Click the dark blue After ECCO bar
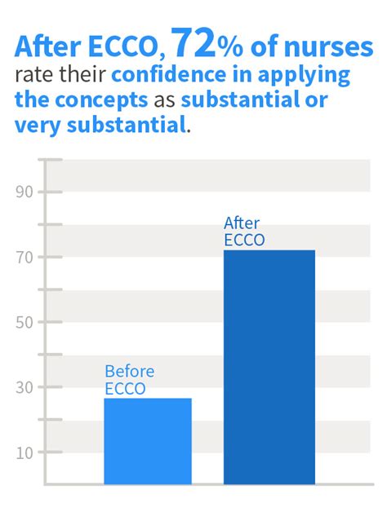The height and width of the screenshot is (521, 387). [x=269, y=367]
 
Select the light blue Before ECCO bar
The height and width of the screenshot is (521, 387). [x=148, y=441]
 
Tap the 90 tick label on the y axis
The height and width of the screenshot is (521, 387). [x=24, y=192]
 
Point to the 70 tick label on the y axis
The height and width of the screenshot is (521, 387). [x=24, y=257]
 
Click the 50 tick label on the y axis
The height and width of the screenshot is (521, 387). [x=24, y=322]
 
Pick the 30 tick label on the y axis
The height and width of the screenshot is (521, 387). [x=24, y=387]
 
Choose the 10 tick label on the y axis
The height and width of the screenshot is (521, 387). [x=24, y=453]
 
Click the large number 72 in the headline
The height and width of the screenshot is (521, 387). [x=193, y=43]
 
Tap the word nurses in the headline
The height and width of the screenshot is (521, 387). [x=328, y=47]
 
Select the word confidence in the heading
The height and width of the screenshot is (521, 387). [x=168, y=74]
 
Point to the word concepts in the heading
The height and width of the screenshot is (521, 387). [x=101, y=100]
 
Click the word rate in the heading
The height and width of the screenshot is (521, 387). [x=34, y=75]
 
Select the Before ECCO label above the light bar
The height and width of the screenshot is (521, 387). [x=130, y=380]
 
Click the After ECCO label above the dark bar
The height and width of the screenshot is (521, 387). [x=244, y=232]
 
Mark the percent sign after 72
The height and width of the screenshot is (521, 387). [x=230, y=47]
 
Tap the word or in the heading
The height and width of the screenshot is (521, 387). [x=317, y=101]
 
